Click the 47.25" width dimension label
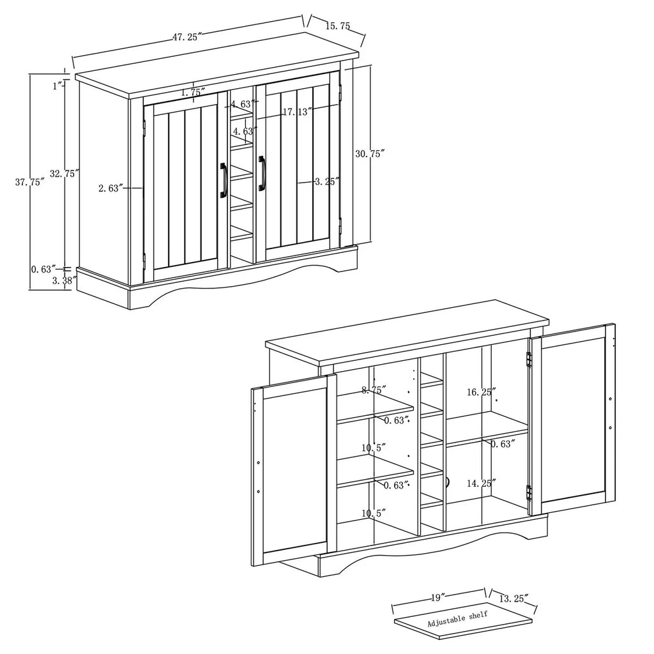tap(187, 36)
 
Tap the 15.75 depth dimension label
tap(337, 26)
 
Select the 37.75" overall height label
tap(30, 182)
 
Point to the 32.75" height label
tap(65, 174)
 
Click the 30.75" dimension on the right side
tap(370, 153)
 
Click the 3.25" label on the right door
tap(327, 181)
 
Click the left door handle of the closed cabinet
tap(223, 180)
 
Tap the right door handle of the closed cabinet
tap(261, 174)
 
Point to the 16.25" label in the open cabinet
tap(482, 392)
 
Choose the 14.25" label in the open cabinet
tap(482, 483)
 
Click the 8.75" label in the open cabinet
tap(374, 390)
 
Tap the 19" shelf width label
tap(436, 598)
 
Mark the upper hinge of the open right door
tap(529, 360)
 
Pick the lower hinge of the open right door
tap(529, 492)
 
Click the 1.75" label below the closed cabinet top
tap(193, 92)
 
